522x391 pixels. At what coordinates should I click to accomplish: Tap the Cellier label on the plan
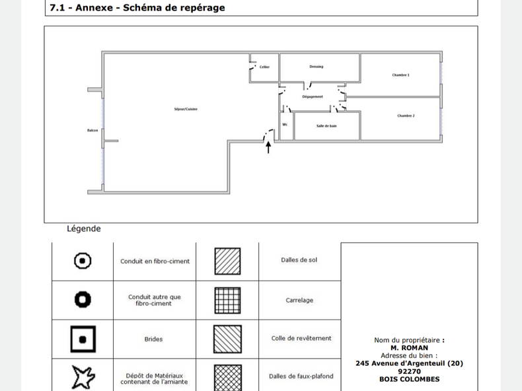pos(264,67)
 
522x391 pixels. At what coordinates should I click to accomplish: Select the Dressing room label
pos(317,67)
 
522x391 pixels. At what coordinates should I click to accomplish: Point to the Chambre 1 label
pos(400,75)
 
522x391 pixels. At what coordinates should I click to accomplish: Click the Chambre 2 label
pos(406,116)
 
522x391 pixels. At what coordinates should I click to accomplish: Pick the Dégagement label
pos(313,96)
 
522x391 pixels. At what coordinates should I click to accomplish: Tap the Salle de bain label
pos(326,125)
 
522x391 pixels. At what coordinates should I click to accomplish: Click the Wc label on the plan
pos(285,124)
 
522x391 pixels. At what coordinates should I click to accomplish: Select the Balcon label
pos(93,130)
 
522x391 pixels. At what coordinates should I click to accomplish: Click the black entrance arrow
pos(268,147)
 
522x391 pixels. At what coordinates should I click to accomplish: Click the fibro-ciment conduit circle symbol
pos(82,261)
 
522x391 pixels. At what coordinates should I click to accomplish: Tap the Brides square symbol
pos(83,339)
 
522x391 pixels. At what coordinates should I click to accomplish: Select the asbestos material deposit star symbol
pos(83,378)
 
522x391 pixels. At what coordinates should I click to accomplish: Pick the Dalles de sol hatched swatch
pos(227,261)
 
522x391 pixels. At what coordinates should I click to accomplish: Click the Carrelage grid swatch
pos(227,300)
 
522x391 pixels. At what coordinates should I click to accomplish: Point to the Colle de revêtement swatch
pos(227,339)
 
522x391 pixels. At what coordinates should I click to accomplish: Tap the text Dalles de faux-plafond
pos(301,376)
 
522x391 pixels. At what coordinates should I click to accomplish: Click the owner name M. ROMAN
pos(409,347)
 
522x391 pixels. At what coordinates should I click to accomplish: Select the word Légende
pos(84,229)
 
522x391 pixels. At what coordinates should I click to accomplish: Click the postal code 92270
pos(409,371)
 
